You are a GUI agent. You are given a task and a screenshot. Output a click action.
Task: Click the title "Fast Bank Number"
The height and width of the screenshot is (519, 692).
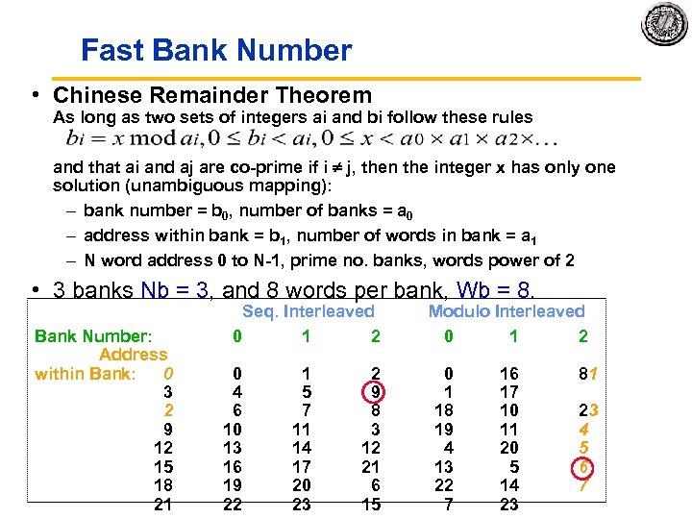(216, 50)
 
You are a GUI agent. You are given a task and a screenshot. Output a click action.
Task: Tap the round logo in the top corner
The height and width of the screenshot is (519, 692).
(665, 23)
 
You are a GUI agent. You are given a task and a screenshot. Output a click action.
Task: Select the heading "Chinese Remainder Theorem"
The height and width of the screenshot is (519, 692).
(212, 95)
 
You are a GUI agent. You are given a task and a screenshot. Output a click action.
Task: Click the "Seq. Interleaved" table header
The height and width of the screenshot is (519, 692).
(308, 311)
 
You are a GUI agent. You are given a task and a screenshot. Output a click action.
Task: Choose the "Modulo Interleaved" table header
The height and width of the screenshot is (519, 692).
(506, 311)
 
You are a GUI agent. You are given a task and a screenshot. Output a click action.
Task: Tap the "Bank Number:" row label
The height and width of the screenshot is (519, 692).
(93, 336)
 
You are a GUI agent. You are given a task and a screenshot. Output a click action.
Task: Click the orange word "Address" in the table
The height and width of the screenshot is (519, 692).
(133, 355)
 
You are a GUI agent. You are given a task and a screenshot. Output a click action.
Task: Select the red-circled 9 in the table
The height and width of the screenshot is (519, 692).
(374, 392)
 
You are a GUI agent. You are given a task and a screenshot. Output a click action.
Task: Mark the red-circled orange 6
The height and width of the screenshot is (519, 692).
(582, 466)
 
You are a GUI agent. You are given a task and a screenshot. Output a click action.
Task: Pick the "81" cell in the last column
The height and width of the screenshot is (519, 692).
(582, 374)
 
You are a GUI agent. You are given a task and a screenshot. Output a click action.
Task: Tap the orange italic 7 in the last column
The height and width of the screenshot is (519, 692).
(582, 484)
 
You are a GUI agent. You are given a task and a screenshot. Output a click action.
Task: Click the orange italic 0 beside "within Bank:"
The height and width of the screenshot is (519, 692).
(167, 374)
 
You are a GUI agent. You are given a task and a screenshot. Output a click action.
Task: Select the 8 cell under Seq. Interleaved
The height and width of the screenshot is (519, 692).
(374, 410)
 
